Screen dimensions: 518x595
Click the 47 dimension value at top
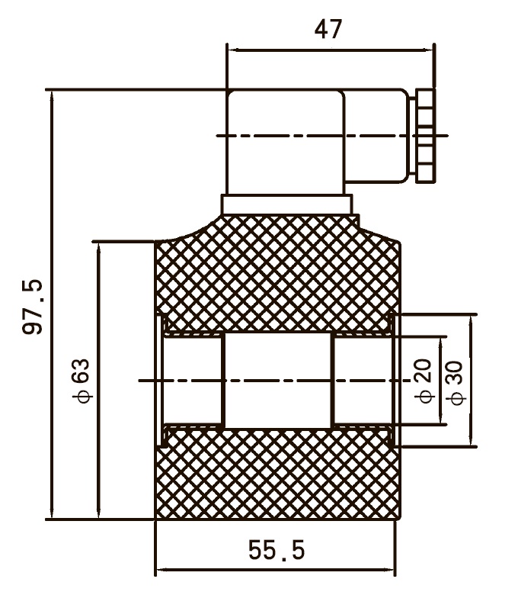pos(328,29)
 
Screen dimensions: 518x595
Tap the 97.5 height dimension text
pos(33,307)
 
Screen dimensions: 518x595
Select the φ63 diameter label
pos(82,381)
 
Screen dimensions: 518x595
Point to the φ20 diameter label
pos(424,381)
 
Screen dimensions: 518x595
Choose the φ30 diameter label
pos(455,383)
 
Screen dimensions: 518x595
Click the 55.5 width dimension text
pos(277,550)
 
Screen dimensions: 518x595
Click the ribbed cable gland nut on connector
pos(425,136)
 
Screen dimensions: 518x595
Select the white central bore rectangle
pos(278,381)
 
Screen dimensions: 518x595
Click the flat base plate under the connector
pos(287,205)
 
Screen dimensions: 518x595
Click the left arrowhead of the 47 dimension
pos(232,50)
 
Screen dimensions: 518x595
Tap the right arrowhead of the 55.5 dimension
pos(389,570)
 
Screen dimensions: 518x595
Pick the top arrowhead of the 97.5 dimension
pos(52,95)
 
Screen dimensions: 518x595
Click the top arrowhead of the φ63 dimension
pos(98,246)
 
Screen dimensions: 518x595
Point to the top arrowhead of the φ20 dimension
pos(440,343)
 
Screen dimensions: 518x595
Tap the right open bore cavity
pos(363,381)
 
